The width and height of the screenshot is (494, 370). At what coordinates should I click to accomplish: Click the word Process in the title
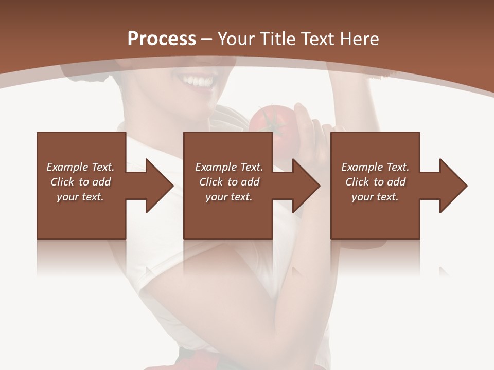[162, 39]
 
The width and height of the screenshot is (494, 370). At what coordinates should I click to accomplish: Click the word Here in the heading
[360, 39]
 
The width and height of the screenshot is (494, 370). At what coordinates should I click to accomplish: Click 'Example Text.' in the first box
[80, 167]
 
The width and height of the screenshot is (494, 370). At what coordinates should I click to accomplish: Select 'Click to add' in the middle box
[229, 182]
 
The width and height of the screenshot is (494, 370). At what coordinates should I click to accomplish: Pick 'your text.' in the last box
[375, 197]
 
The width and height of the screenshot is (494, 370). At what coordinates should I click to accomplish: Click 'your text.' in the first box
[80, 197]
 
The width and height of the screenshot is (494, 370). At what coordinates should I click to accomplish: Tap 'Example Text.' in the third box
[375, 167]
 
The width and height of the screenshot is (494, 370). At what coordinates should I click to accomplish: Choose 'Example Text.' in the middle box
[229, 167]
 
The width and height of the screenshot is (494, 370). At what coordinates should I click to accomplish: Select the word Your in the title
[235, 39]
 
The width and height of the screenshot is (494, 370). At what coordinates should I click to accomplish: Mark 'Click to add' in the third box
[375, 182]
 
